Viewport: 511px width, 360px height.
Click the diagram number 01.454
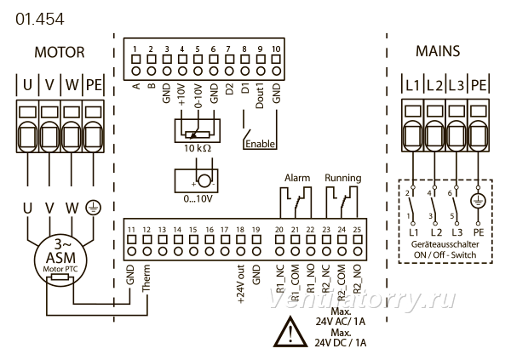pos(40,19)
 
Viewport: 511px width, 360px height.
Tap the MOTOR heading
pos(60,52)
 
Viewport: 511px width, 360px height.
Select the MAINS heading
pos(438,51)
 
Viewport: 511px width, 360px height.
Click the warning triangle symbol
pos(290,332)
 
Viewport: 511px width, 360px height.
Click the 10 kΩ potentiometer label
pos(198,148)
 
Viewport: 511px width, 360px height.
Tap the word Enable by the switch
pos(260,144)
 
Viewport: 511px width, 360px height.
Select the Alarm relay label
pos(297,178)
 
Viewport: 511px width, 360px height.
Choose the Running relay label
pos(343,178)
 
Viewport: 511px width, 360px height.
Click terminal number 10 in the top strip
pos(276,49)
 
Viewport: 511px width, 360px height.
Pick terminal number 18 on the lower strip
pos(240,230)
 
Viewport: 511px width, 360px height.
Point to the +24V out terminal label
pos(240,284)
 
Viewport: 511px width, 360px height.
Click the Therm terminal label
pos(146,278)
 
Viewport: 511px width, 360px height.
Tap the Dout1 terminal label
pos(260,96)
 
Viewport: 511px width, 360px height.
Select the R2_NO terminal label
pos(357,278)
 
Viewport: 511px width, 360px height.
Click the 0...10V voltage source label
pos(198,198)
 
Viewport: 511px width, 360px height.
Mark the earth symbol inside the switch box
pos(478,201)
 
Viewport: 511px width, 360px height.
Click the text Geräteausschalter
pos(445,244)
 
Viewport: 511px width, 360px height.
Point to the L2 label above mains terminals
pos(434,86)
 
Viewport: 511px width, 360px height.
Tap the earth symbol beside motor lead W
pos(93,208)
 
